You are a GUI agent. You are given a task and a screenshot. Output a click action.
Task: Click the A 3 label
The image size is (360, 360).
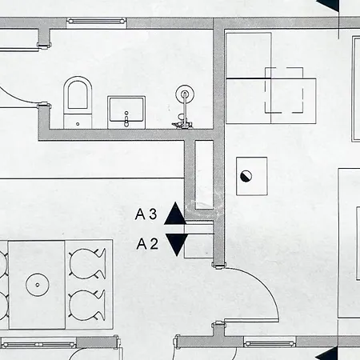click(x=146, y=214)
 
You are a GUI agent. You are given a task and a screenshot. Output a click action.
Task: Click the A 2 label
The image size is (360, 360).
click(x=147, y=244)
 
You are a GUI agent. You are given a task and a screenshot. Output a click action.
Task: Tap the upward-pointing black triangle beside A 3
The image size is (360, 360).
click(x=175, y=214)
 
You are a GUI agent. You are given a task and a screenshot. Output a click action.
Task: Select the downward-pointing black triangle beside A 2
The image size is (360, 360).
click(x=177, y=245)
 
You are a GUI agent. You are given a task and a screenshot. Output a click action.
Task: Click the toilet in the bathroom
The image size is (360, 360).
click(x=78, y=102)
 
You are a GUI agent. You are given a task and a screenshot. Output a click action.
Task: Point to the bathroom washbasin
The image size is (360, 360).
click(x=126, y=112)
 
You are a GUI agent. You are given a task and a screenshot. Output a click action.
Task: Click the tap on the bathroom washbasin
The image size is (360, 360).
click(x=126, y=119)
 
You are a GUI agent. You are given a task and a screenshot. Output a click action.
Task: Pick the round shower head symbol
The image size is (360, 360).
click(x=185, y=94)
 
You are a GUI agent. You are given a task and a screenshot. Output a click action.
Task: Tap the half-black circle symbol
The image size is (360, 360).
click(x=246, y=176)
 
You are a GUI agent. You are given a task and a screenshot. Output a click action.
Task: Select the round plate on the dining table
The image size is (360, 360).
click(x=38, y=285)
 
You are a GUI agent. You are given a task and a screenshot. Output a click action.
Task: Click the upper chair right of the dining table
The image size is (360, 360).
click(x=87, y=264)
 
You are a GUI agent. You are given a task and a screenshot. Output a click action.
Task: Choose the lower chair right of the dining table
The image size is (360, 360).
click(x=87, y=306)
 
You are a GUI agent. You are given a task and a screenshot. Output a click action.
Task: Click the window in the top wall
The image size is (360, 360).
click(x=96, y=21)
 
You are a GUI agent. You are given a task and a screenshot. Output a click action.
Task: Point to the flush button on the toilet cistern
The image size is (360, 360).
click(x=78, y=124)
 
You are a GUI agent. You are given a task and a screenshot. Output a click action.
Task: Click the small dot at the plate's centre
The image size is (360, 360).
click(x=38, y=285)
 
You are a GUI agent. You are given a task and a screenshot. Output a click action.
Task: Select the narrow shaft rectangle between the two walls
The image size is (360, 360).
click(x=204, y=175)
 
